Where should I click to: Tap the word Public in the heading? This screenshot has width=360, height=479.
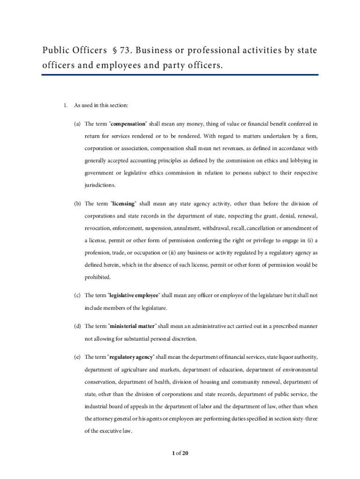[54, 50]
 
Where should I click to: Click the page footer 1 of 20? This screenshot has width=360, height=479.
[180, 453]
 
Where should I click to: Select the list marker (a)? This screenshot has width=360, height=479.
[77, 124]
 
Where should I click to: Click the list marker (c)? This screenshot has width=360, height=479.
[77, 296]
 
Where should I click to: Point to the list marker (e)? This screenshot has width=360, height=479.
[77, 357]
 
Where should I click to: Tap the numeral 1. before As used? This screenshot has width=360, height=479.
[66, 105]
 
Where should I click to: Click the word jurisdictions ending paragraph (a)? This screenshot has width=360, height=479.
[100, 185]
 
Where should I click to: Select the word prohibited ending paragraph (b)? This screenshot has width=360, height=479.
[98, 277]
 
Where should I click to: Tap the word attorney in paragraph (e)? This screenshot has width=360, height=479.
[105, 418]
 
